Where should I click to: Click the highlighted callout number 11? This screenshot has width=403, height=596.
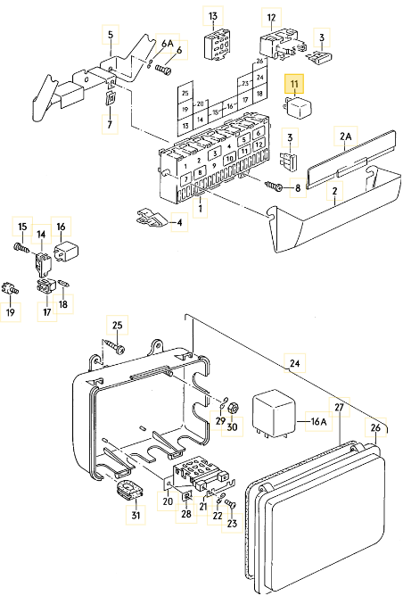click(294, 84)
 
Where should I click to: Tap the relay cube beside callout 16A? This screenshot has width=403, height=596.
click(275, 412)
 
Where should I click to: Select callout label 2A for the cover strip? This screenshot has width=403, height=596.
click(345, 136)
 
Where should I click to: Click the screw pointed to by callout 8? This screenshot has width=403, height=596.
click(274, 186)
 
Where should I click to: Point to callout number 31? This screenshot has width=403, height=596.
click(136, 515)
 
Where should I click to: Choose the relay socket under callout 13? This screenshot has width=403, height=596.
click(216, 46)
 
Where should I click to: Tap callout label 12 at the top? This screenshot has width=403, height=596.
click(272, 18)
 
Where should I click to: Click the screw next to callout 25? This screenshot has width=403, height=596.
click(113, 347)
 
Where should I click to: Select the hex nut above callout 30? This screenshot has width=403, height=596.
click(234, 408)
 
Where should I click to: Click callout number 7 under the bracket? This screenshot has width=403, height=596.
click(110, 124)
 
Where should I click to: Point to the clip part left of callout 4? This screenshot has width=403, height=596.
click(152, 219)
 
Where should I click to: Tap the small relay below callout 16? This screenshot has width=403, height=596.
click(66, 250)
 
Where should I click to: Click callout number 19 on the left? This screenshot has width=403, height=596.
click(11, 312)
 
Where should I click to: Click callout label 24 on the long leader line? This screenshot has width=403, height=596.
click(295, 363)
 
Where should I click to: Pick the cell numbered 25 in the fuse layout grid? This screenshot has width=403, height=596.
click(185, 93)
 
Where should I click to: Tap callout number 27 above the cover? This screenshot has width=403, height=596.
click(339, 407)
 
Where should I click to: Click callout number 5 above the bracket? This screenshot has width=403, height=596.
click(111, 35)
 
